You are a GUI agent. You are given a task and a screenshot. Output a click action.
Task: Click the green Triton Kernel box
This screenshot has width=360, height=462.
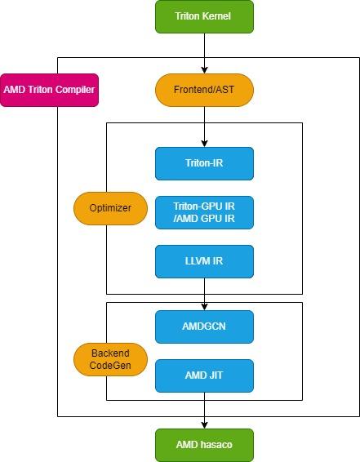click(x=204, y=16)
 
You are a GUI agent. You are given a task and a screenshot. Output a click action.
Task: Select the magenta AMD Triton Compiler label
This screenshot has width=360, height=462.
click(x=49, y=90)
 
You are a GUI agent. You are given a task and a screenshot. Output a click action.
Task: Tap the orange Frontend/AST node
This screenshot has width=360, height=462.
click(x=204, y=90)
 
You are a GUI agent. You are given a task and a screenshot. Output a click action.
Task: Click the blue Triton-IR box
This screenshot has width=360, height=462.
click(x=204, y=163)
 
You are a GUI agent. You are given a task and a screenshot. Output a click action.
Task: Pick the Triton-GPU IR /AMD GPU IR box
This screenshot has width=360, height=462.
click(x=204, y=212)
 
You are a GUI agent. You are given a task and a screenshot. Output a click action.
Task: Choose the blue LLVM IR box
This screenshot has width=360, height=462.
click(x=204, y=261)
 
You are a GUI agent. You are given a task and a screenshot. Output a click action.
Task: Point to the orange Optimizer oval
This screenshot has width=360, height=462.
click(x=109, y=208)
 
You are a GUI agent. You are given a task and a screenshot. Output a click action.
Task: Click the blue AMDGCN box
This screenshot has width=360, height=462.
click(x=204, y=327)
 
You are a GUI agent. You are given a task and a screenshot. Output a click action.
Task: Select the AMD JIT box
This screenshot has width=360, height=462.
click(x=204, y=375)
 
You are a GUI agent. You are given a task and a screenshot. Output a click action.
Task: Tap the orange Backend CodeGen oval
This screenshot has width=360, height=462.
click(x=109, y=359)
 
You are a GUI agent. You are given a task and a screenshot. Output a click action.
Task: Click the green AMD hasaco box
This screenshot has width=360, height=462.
click(x=204, y=445)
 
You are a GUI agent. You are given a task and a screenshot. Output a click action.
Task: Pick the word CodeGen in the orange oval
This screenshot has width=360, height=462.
click(x=109, y=366)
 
